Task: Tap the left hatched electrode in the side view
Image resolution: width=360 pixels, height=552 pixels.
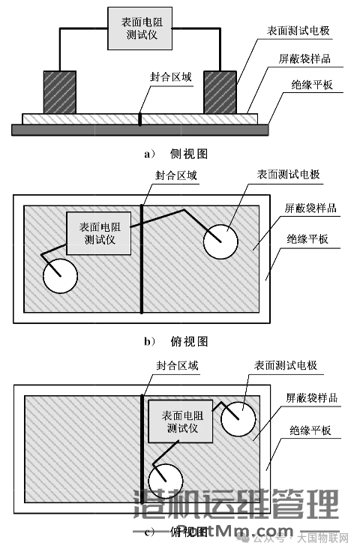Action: click(59, 91)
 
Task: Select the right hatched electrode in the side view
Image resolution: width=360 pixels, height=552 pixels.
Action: click(218, 91)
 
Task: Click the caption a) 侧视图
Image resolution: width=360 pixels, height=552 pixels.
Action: click(175, 154)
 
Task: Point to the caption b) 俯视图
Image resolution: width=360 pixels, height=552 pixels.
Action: click(175, 341)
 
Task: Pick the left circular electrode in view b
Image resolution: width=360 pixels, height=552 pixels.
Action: click(60, 275)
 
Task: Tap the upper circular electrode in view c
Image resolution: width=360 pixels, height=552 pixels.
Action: click(239, 417)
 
